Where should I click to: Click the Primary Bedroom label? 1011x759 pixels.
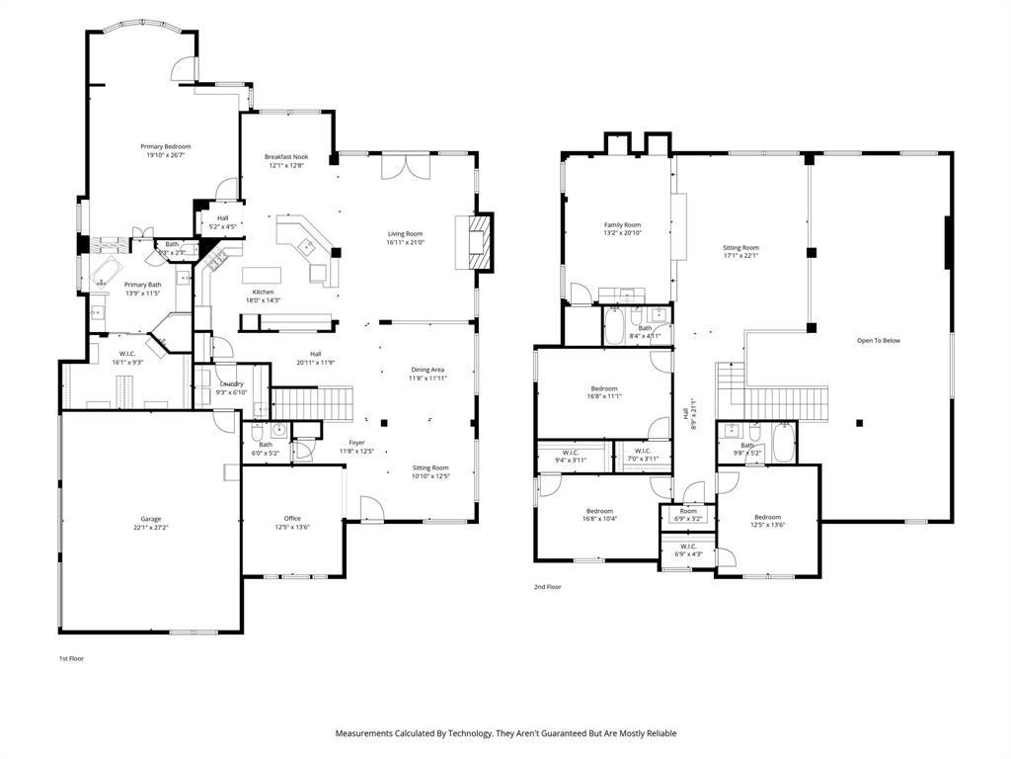pos(165,146)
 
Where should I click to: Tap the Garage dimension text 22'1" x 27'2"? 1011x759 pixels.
pos(150,528)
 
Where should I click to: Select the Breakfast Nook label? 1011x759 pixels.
pos(286,157)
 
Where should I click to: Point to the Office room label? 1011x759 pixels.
pos(292,519)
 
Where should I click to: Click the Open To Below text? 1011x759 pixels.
pos(878,341)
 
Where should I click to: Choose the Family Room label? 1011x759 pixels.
pos(623,224)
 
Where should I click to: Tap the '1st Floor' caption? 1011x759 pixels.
pos(70,658)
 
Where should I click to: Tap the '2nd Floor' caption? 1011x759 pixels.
pos(548,587)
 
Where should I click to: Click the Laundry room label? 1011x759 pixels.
pos(231,383)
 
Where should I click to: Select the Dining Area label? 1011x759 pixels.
pos(428,370)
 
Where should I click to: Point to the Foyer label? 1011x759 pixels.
pos(356,443)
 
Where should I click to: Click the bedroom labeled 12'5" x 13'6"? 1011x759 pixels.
pos(767,517)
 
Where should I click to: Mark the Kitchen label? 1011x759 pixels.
pos(263,292)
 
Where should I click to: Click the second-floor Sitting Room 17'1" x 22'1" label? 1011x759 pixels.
pos(740,248)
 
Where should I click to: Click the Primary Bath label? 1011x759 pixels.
pos(142,285)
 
